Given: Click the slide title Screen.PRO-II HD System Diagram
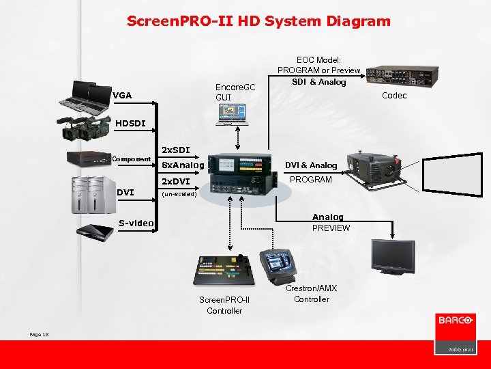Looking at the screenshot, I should coord(258,21).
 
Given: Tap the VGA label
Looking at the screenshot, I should coord(123,95).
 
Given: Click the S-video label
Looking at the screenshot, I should coord(136,223).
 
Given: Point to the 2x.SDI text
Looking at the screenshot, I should coord(175,149).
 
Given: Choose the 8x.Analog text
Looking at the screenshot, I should coord(182,165).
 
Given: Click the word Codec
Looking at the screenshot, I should coord(394,96).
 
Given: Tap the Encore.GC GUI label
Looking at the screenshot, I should coord(235,92).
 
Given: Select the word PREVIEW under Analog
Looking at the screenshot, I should coord(331,228).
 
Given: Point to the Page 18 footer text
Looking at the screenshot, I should coord(40,333).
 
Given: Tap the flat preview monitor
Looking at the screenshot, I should coord(392,256).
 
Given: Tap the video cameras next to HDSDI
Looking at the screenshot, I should coord(85,127).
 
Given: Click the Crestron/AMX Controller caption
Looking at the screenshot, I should coord(311,294).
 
